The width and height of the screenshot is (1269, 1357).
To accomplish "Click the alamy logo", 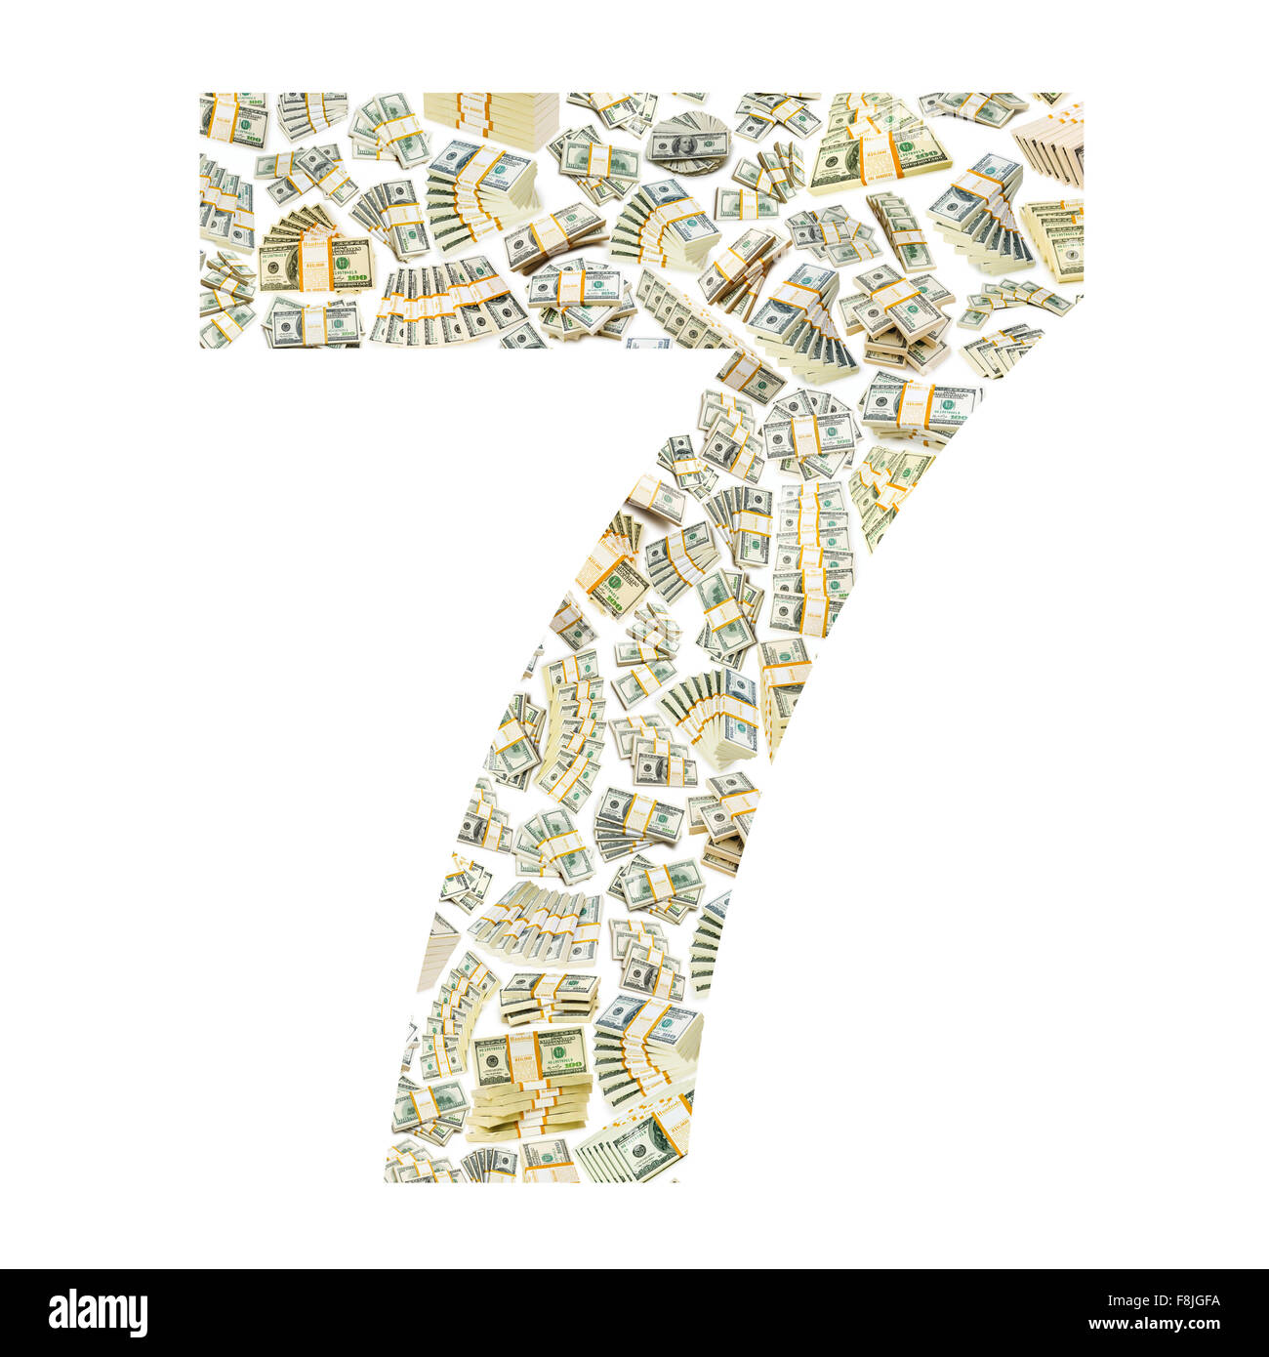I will (x=98, y=1313).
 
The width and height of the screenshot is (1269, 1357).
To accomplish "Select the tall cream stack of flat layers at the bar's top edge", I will (x=491, y=119).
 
